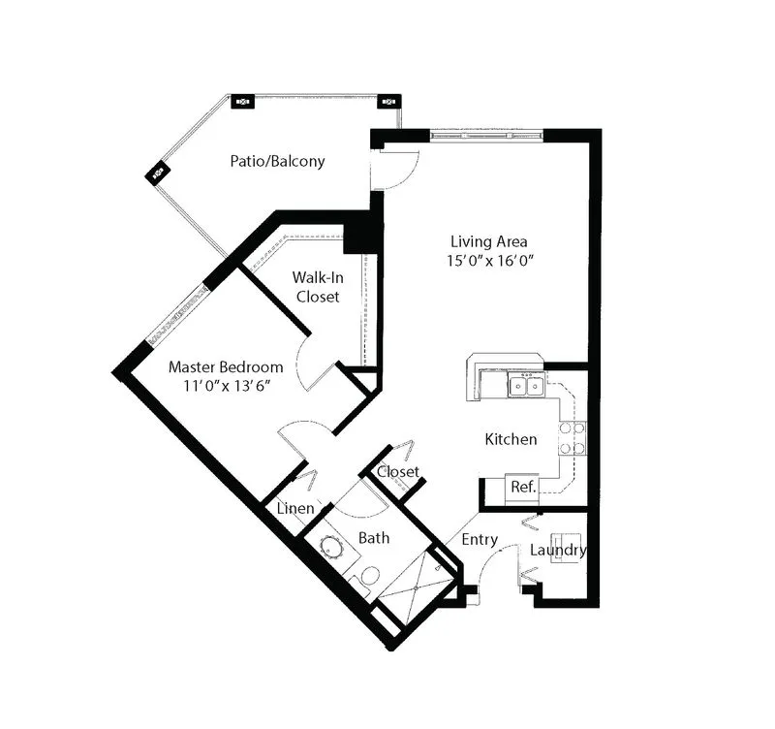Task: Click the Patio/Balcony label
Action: point(277,161)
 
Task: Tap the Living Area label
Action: point(489,241)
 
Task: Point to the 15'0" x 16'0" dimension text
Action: point(490,260)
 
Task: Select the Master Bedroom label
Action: point(226,367)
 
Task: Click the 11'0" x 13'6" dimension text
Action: point(228,386)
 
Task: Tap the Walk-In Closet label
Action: point(318,287)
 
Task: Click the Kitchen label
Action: point(511,439)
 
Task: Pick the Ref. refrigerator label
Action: point(523,488)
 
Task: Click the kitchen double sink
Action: point(527,385)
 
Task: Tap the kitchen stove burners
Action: point(573,438)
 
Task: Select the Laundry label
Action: point(559,550)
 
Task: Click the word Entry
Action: point(480,539)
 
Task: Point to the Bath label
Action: point(374,538)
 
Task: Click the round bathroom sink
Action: point(331,547)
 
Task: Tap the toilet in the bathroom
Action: point(366,579)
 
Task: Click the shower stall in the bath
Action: point(417,587)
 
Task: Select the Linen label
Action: point(295,508)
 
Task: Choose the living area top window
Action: point(486,135)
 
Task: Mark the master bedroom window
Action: point(178,313)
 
